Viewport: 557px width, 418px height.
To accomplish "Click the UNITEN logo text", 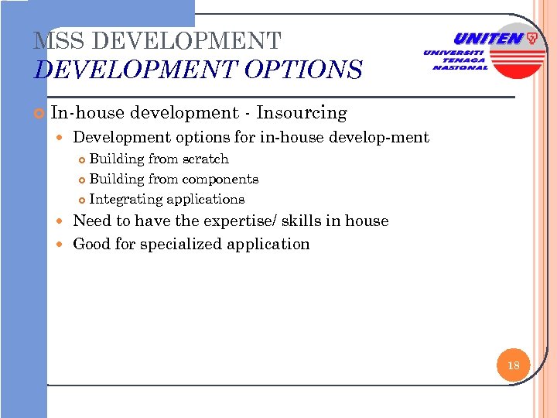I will pos(487,39).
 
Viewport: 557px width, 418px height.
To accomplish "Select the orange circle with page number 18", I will pos(513,365).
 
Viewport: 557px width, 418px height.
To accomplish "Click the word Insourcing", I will pos(302,113).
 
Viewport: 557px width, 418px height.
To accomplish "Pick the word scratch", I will pos(205,159).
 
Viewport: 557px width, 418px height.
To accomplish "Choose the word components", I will pos(220,179).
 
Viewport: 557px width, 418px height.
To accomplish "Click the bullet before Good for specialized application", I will pos(63,245).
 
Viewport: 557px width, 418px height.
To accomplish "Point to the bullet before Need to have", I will pos(63,221).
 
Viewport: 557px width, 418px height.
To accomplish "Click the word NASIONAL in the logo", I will pos(460,67).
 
